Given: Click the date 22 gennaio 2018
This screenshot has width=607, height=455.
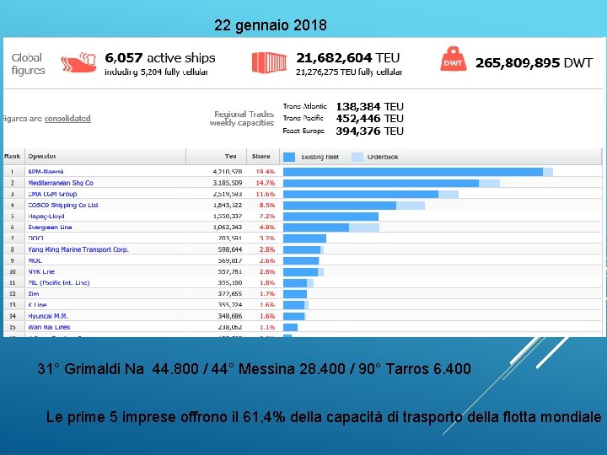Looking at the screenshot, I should [270, 25].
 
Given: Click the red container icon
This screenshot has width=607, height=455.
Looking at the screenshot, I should [270, 62].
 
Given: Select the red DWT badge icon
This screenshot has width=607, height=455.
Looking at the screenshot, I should [453, 61].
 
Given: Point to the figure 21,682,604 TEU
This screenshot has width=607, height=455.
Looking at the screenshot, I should [347, 58].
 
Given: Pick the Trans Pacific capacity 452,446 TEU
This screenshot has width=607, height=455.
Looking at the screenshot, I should [369, 119].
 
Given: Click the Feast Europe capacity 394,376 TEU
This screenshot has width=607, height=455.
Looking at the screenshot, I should [369, 131].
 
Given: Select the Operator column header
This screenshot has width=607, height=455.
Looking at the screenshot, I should [42, 157].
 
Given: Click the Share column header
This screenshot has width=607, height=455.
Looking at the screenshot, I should [261, 157].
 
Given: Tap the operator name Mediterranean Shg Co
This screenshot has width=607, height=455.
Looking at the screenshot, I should [61, 183].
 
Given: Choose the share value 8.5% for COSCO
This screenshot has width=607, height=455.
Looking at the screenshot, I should [266, 205].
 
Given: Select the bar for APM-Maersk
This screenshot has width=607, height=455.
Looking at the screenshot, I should [413, 172].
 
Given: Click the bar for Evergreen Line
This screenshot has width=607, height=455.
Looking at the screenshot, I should [316, 227].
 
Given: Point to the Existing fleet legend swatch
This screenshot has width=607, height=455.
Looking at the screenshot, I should [289, 157].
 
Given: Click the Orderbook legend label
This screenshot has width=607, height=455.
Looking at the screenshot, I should [380, 157].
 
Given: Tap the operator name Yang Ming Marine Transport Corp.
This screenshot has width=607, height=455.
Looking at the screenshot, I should [78, 249].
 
